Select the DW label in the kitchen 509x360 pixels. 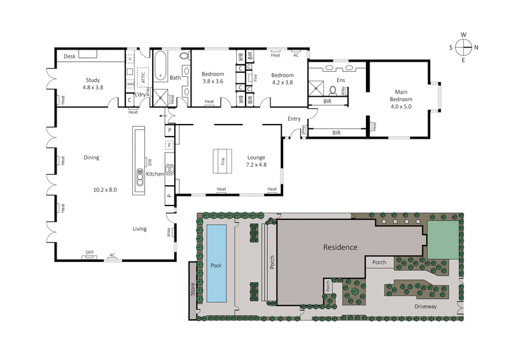(151, 160)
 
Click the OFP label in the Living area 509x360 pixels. (88, 254)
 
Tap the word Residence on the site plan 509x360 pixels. (340, 247)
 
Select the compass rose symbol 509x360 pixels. (463, 47)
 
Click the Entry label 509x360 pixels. (293, 119)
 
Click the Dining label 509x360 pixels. (93, 157)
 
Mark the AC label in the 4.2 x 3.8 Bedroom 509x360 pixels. (295, 55)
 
